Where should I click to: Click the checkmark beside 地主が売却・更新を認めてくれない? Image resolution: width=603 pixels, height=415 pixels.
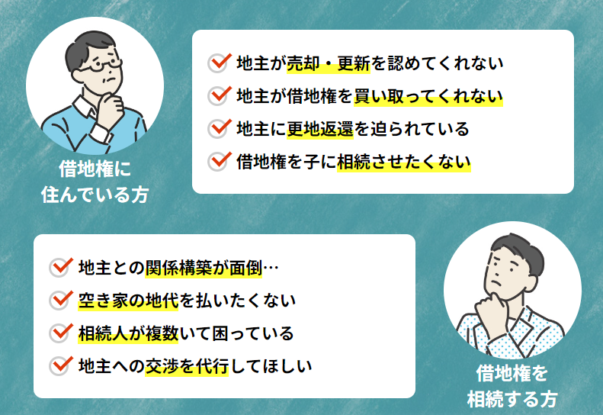pos(220,63)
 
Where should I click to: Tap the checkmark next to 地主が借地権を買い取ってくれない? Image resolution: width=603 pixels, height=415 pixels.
pos(220,95)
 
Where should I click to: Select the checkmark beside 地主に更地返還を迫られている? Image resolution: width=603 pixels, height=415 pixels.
pos(220,128)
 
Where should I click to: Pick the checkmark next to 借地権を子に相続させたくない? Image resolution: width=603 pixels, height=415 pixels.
pos(220,161)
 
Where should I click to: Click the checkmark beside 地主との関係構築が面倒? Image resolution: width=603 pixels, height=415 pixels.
pos(61,267)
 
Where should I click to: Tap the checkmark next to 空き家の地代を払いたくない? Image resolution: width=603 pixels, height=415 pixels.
pos(61,300)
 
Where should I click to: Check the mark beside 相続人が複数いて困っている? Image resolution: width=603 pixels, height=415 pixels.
pos(61,333)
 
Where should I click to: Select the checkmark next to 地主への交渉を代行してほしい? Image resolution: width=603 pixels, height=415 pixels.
pos(61,365)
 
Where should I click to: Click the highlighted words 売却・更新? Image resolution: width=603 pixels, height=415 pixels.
pos(329,63)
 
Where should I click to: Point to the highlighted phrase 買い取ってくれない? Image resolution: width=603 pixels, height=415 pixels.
pos(428,96)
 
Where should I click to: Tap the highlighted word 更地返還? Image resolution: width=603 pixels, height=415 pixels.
pos(320,129)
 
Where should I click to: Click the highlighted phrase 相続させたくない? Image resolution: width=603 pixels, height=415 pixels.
pos(404,162)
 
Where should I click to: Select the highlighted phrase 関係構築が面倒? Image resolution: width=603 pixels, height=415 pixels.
pos(204,268)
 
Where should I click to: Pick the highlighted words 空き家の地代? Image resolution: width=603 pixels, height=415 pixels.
pos(128,301)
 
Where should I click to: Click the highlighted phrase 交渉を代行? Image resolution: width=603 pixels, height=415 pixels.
pos(187,366)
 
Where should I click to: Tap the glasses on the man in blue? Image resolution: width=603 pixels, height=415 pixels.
pos(101,65)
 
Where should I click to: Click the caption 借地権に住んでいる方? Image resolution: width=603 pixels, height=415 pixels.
pos(95,182)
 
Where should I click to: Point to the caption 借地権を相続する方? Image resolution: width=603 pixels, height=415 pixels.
pos(512,386)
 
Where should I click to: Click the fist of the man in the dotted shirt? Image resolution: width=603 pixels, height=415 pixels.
pos(491,310)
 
